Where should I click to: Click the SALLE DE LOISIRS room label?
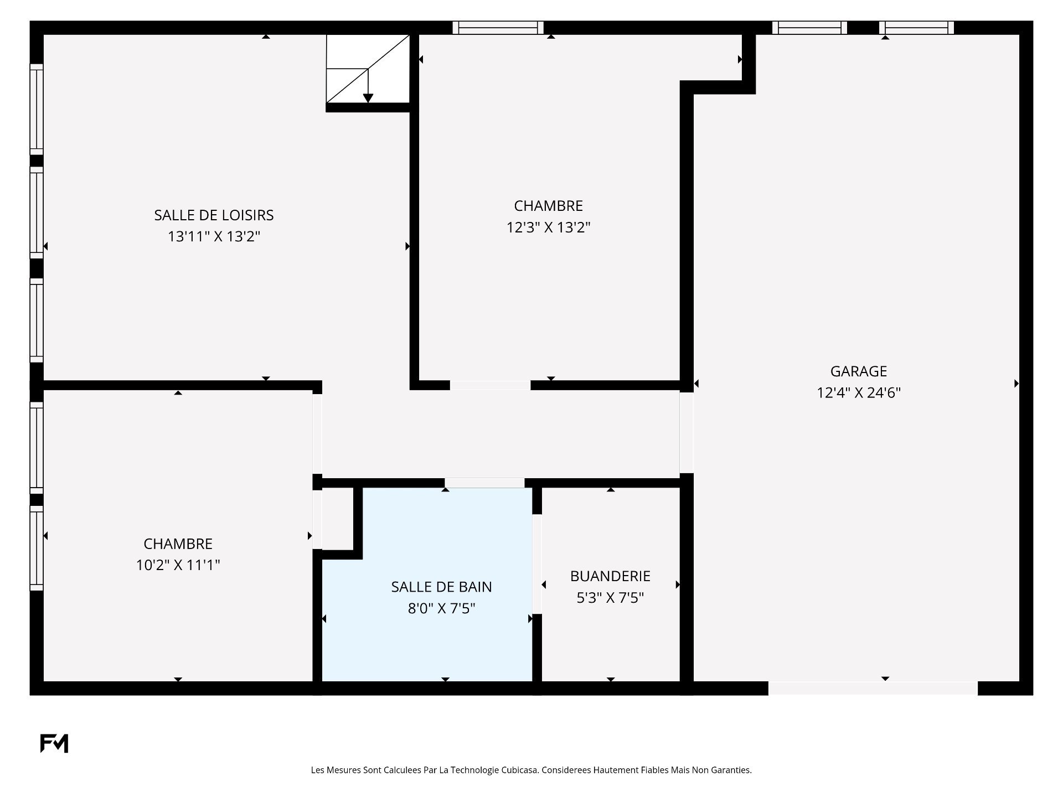coord(214,215)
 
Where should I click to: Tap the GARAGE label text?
coord(859,371)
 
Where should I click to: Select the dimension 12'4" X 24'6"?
coord(859,392)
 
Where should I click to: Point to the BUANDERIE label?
coord(610,576)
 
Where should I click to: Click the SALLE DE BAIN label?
coord(441,587)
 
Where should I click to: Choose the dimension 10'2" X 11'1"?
coord(178,565)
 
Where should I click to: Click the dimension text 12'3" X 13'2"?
coord(549,227)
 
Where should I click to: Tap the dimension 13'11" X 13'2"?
coord(214,236)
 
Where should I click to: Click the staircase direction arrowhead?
coord(368,99)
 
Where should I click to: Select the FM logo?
coord(54,743)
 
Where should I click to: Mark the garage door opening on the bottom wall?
coord(873,689)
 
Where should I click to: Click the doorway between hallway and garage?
coord(687,433)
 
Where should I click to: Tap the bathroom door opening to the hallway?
coord(484,483)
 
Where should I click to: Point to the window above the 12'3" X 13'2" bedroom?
coord(498,28)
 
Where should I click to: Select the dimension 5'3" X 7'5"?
coord(610,598)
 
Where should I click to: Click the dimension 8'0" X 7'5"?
coord(441,608)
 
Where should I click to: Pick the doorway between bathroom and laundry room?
coord(536,564)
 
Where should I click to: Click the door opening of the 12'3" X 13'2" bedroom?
coord(490,385)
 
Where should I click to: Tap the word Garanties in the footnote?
coord(732,770)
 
